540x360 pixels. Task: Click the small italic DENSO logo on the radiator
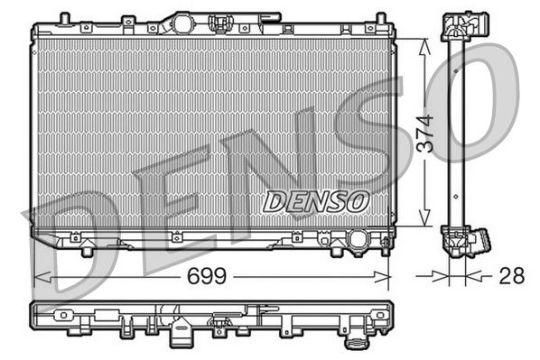point(315,200)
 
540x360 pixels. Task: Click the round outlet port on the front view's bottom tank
point(358,241)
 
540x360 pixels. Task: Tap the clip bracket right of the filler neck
point(219,23)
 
